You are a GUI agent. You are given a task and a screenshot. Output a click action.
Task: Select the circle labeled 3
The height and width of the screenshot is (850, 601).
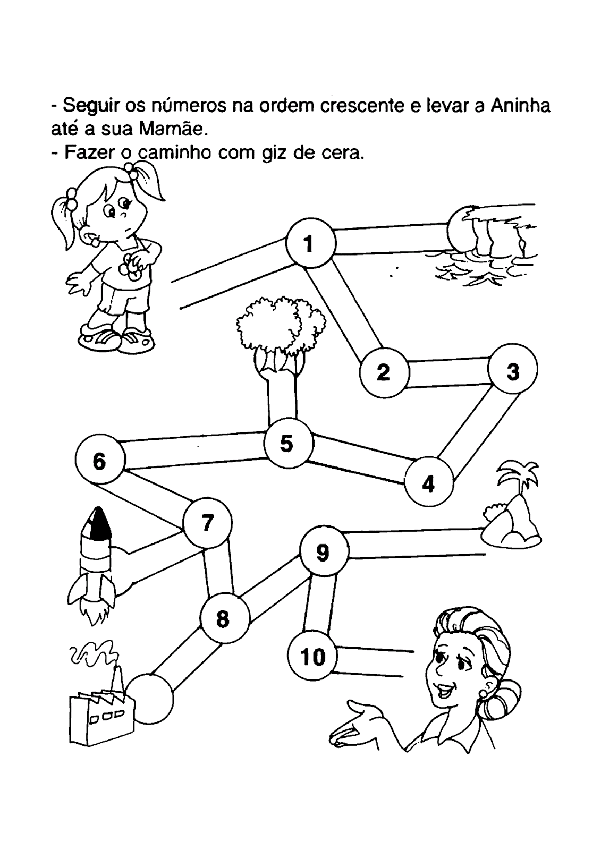(x=513, y=370)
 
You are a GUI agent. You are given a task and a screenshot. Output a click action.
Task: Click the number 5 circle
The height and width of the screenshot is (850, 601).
(x=287, y=443)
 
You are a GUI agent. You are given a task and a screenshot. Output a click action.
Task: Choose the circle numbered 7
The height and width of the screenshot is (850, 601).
(x=207, y=523)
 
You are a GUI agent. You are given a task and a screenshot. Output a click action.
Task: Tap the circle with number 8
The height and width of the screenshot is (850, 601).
(x=224, y=618)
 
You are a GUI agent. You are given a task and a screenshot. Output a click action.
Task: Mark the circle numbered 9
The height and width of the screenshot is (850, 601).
(x=324, y=552)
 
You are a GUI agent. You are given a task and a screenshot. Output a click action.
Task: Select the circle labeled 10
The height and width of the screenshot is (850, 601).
(x=312, y=657)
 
